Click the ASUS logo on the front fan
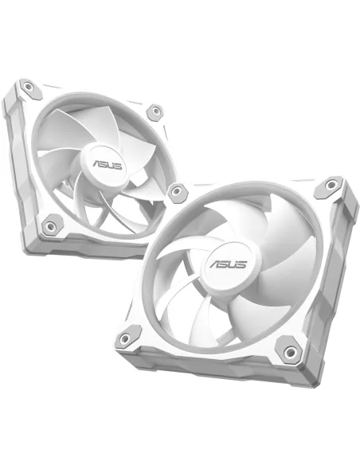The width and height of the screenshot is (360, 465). (228, 264)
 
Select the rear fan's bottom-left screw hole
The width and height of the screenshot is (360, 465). (51, 225)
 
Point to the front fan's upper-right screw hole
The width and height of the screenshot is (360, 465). (328, 189)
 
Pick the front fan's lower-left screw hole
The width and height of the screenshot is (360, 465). (125, 341)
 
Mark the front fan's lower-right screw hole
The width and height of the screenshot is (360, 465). (287, 349)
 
